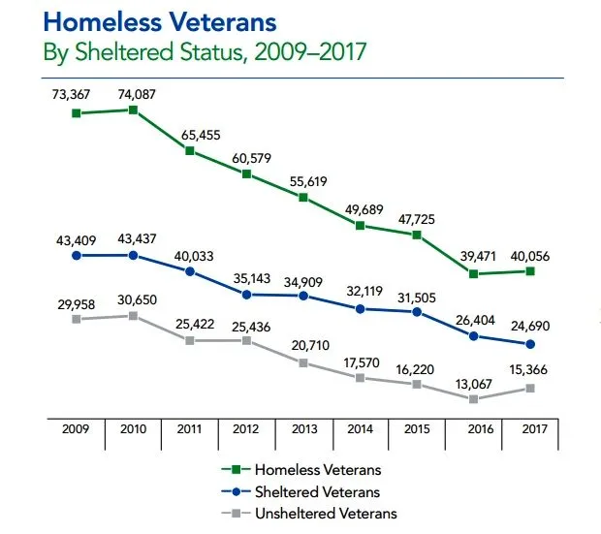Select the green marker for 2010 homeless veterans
coord(133,110)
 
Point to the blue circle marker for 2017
coord(529,344)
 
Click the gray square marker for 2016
coord(473,398)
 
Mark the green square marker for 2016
coord(473,273)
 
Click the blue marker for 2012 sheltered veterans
coord(246,294)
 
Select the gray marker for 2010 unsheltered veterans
coord(133,315)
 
